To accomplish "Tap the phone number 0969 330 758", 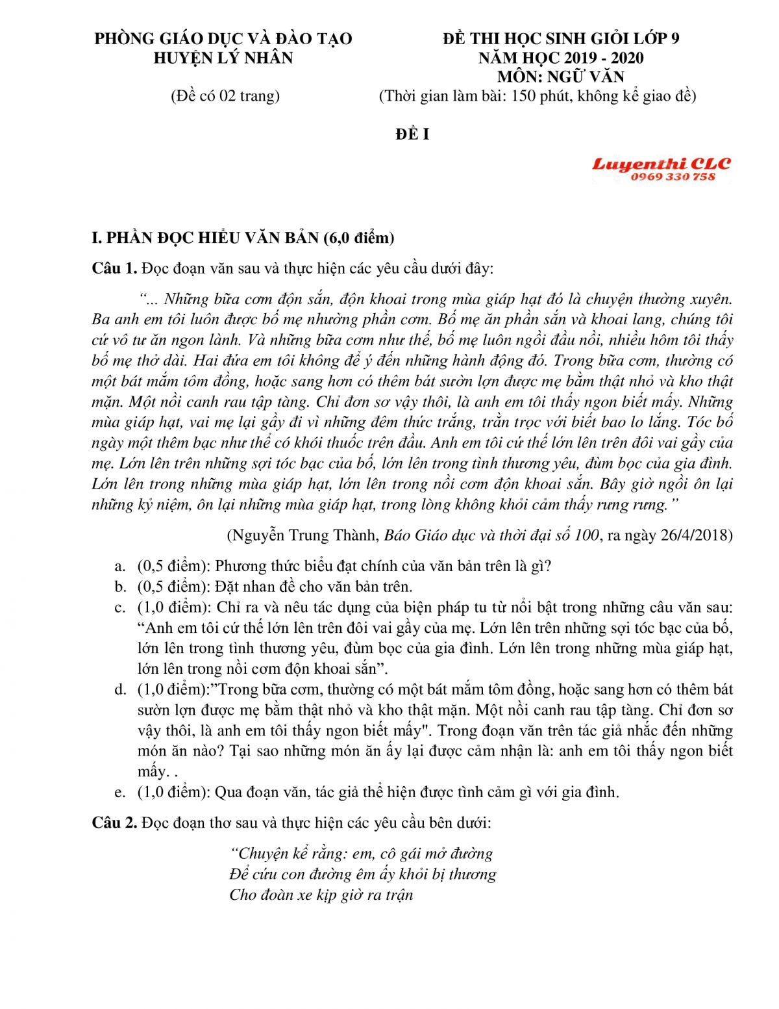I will click(673, 177).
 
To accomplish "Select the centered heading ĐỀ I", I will click(412, 134).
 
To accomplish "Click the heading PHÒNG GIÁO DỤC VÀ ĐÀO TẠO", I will click(223, 38).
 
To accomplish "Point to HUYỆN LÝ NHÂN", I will click(223, 58).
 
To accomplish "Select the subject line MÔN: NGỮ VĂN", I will click(561, 77).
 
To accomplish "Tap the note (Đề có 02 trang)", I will click(225, 96).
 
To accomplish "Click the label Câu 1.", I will click(114, 268).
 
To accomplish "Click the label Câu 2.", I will click(114, 823).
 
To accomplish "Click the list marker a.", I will click(119, 566).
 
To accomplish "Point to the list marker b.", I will click(120, 587).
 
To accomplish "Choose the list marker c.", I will click(119, 607).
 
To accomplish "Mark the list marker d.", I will click(120, 689).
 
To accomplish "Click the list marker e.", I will click(119, 792).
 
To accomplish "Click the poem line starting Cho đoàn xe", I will click(321, 895).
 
